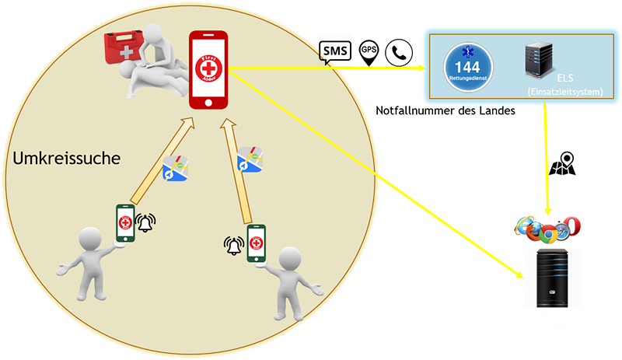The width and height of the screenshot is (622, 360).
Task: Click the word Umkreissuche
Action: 66,159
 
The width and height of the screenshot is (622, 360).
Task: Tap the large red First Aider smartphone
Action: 209,71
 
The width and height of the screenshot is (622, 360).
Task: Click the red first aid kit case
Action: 124,47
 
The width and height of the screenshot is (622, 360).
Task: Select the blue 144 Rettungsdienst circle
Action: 465,65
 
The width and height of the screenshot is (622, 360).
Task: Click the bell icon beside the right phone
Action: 233,246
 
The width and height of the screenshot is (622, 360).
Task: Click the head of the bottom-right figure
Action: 288,258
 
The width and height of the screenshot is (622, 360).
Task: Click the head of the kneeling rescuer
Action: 159,33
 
